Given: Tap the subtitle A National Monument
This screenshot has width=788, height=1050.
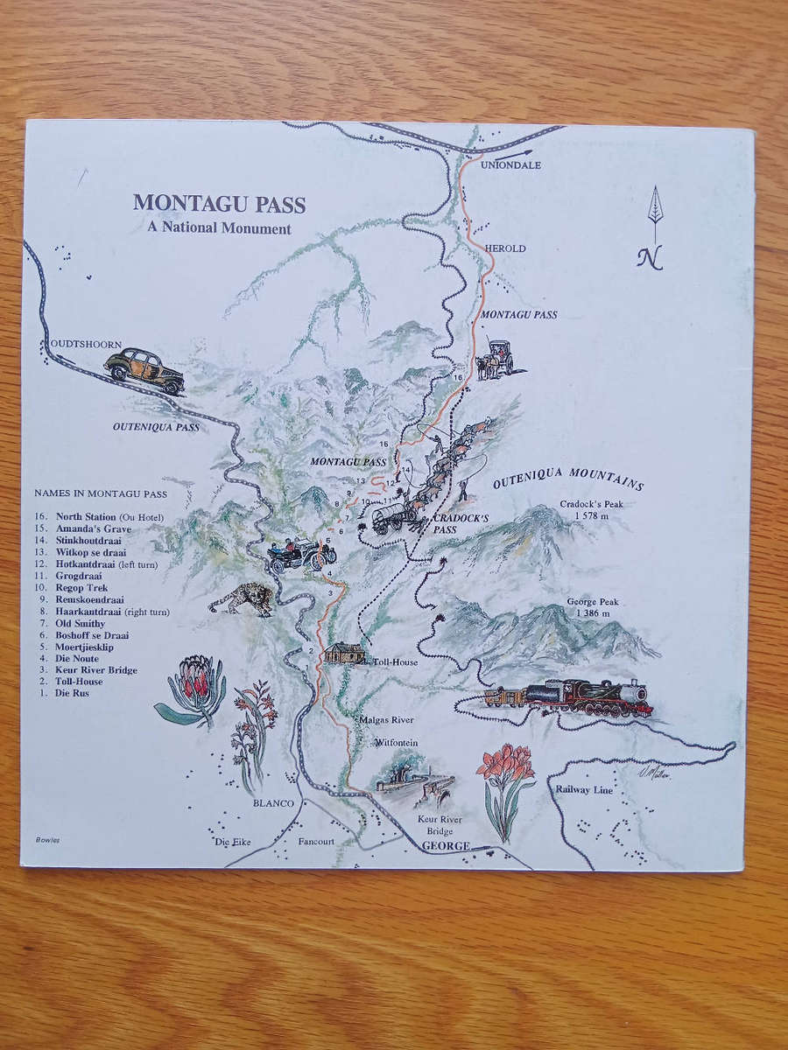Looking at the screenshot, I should pyautogui.click(x=219, y=229).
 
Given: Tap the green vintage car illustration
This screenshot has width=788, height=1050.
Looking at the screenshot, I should pyautogui.click(x=144, y=371).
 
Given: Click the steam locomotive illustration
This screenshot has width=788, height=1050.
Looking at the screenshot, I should pyautogui.click(x=569, y=697).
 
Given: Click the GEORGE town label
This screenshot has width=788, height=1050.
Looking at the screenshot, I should pyautogui.click(x=446, y=846).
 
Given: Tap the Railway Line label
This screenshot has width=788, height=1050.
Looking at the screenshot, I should pyautogui.click(x=584, y=788).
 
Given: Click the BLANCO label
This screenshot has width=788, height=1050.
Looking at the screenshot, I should pyautogui.click(x=273, y=802).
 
